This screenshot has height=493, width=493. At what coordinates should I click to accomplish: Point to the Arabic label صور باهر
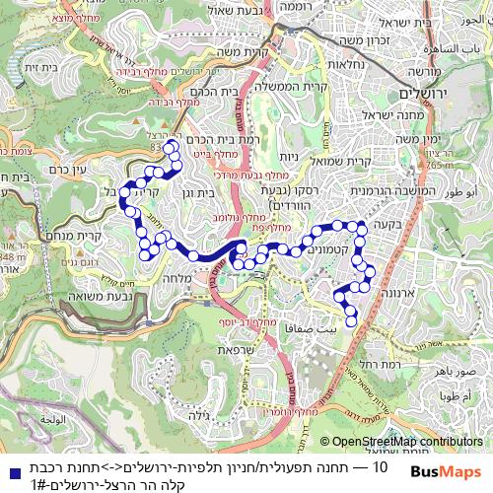(x=457, y=373)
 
